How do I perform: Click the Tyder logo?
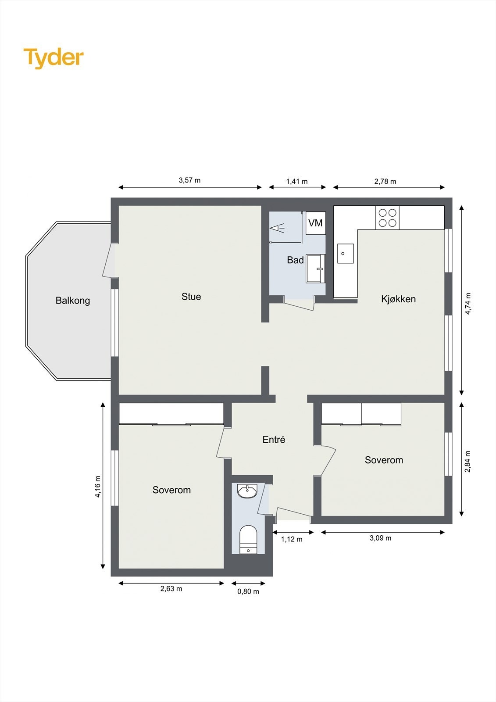[x=53, y=57]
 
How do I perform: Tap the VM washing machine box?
[x=315, y=223]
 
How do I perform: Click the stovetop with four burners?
[x=388, y=218]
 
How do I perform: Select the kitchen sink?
[x=345, y=254]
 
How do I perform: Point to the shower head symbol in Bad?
[x=277, y=228]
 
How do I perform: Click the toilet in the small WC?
[x=248, y=540]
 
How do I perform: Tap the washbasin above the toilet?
[x=248, y=491]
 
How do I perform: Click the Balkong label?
[x=73, y=301]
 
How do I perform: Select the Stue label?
[x=191, y=297]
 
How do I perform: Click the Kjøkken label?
[x=398, y=299]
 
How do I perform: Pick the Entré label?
[x=274, y=440]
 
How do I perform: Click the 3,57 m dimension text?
[x=189, y=180]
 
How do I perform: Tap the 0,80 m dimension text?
[x=248, y=591]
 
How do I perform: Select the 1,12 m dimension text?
[x=292, y=539]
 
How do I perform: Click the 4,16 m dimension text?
[x=98, y=487]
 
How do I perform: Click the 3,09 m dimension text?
[x=381, y=538]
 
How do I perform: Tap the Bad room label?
[x=295, y=260]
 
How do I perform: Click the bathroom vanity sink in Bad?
[x=316, y=269]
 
